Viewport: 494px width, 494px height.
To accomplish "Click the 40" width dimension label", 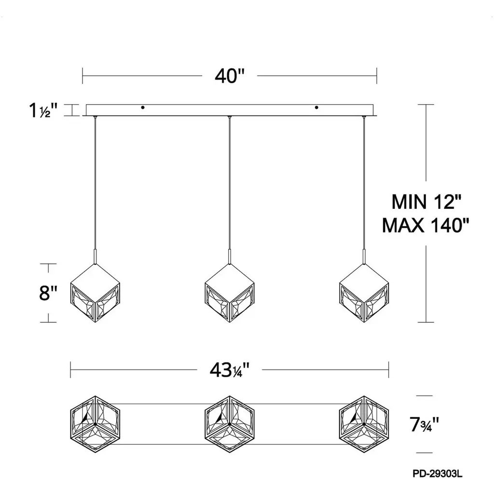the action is click(230, 76).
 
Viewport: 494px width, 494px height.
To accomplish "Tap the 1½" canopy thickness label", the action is click(43, 110).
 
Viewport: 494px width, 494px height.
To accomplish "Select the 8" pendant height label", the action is click(48, 293).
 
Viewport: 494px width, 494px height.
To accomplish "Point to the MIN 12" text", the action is click(426, 202).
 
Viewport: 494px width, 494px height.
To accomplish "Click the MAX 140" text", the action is click(425, 225).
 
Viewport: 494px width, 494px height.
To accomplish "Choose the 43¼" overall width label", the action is click(230, 370).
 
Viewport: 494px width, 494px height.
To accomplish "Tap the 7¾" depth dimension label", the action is click(424, 424).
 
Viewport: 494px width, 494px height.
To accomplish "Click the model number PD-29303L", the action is click(438, 474).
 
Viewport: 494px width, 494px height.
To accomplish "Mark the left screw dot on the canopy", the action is click(143, 108).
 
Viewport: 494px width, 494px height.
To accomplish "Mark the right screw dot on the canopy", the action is click(316, 108).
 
